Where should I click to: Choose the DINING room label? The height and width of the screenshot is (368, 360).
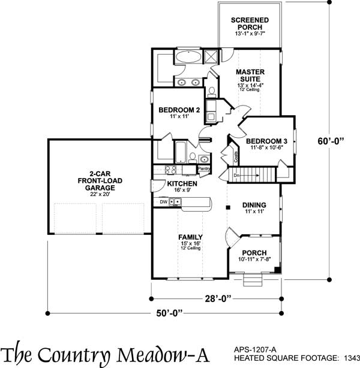[x=254, y=206]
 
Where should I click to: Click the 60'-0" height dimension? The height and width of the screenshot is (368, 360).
[x=332, y=142]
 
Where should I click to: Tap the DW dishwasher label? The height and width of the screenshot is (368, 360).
[x=163, y=202]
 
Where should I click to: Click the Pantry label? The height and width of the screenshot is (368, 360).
[x=203, y=168]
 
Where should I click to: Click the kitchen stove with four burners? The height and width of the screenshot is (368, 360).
[x=160, y=170]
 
